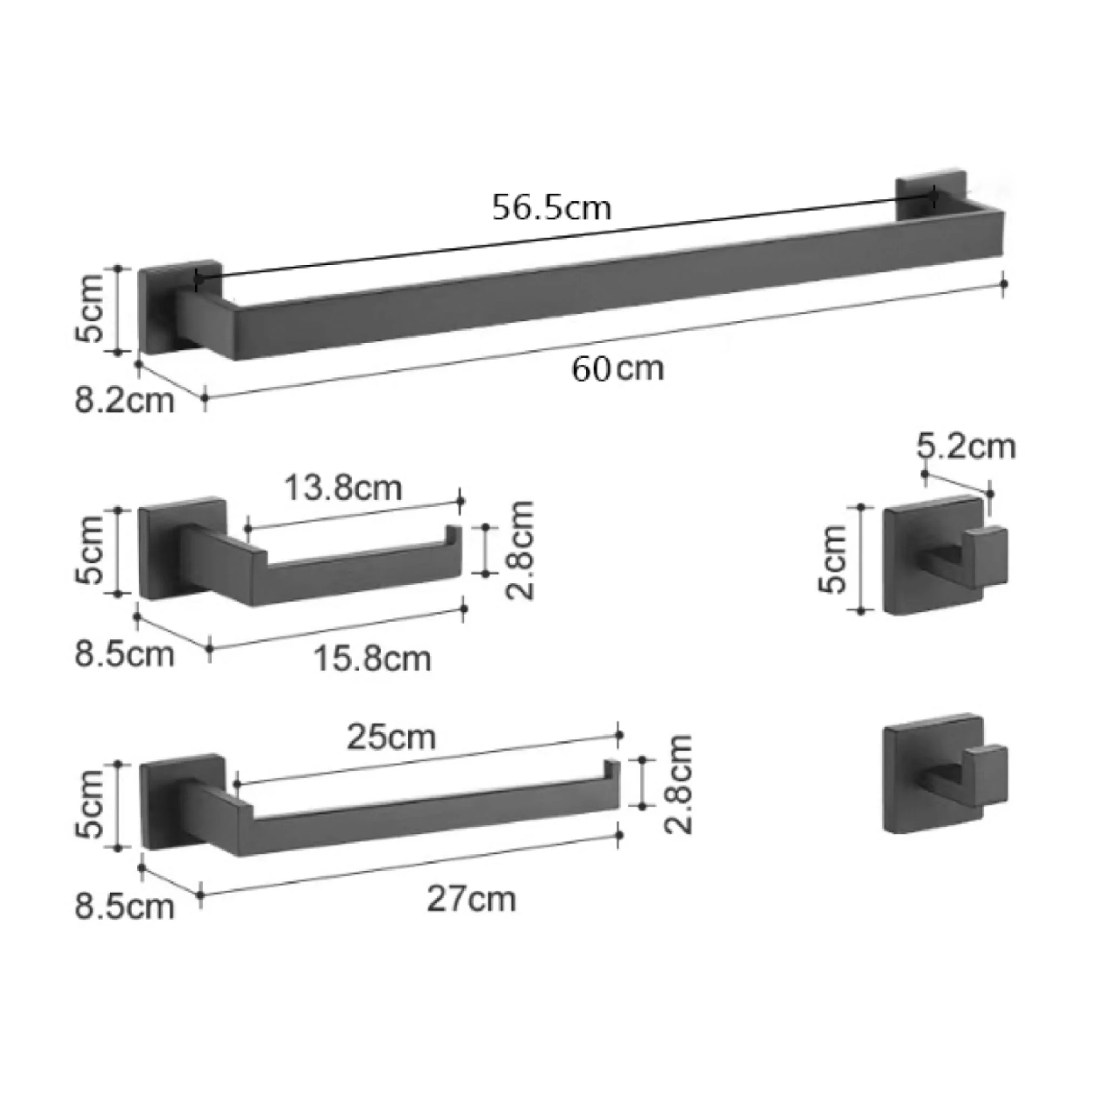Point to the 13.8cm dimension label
(x=343, y=488)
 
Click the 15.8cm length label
(x=372, y=658)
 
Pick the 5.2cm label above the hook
(x=966, y=446)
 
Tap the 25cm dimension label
(x=391, y=737)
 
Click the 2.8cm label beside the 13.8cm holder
(x=521, y=550)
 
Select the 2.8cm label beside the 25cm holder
(x=679, y=784)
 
